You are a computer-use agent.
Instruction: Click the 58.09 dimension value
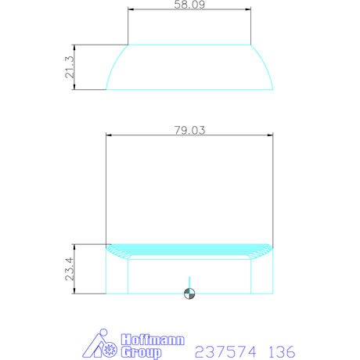pyautogui.click(x=189, y=4)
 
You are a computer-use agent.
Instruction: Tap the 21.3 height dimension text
pyautogui.click(x=70, y=67)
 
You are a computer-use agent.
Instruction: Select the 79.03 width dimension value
pyautogui.click(x=189, y=130)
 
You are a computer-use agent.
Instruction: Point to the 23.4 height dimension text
pyautogui.click(x=70, y=269)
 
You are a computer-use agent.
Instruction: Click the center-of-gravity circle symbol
pyautogui.click(x=189, y=293)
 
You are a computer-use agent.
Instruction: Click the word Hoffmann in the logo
pyautogui.click(x=153, y=340)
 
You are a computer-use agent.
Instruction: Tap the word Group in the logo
pyautogui.click(x=141, y=352)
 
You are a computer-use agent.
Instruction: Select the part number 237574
pyautogui.click(x=225, y=352)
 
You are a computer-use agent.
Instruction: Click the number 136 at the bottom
pyautogui.click(x=282, y=352)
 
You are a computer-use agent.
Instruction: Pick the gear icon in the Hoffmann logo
pyautogui.click(x=109, y=350)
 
